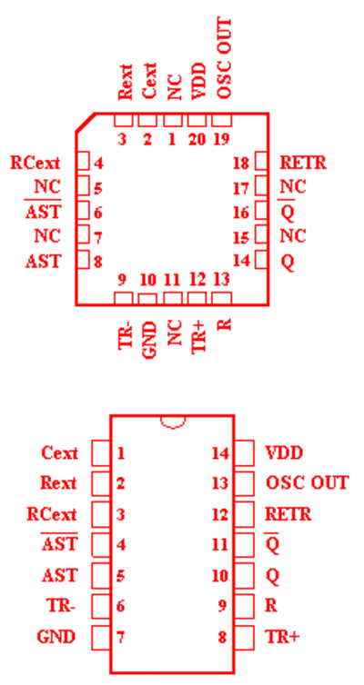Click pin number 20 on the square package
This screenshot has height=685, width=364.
point(197,139)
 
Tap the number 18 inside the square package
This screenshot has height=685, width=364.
point(241,164)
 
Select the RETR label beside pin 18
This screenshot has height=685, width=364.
point(303,163)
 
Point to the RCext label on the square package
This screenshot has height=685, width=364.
point(35,163)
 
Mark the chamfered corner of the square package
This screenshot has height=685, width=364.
point(86,122)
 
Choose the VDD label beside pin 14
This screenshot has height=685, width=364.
point(284,453)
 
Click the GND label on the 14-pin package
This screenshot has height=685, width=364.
point(56,637)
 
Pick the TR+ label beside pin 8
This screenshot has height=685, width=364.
point(283,637)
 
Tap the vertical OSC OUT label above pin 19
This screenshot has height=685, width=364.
point(224,58)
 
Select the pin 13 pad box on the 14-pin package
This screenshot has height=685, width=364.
point(244,482)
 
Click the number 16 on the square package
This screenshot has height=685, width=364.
point(241,213)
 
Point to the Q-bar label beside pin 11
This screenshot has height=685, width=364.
point(273,544)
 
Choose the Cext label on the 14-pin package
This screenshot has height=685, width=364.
point(59,453)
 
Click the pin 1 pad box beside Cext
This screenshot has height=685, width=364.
point(101,453)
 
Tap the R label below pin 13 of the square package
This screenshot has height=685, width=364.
point(224,325)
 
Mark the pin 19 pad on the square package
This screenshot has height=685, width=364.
point(222,121)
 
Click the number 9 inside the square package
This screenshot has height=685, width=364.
point(123,280)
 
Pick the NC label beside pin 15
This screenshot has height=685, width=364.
point(293,236)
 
